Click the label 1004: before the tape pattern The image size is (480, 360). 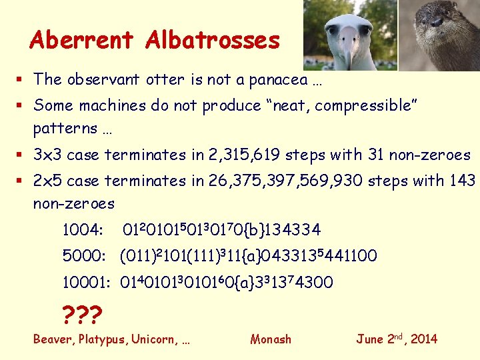[82, 231]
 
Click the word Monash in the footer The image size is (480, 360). [271, 339]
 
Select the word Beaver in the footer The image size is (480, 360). [53, 339]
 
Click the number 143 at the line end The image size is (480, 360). [463, 181]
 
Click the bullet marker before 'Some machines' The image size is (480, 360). [23, 105]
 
